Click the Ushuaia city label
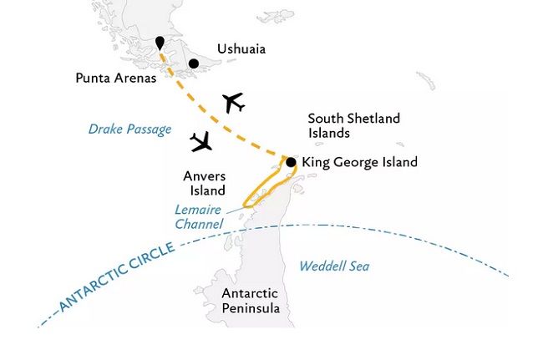point(241,49)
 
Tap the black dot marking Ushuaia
point(193,63)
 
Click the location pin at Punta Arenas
point(160,43)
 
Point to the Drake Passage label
point(129,129)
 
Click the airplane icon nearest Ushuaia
point(233,103)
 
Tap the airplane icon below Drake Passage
point(201,143)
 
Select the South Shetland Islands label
point(342,125)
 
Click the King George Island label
point(359,162)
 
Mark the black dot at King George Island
point(290,162)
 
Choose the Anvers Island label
point(204,183)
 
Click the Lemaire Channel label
point(200,217)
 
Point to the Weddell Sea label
point(334,266)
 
